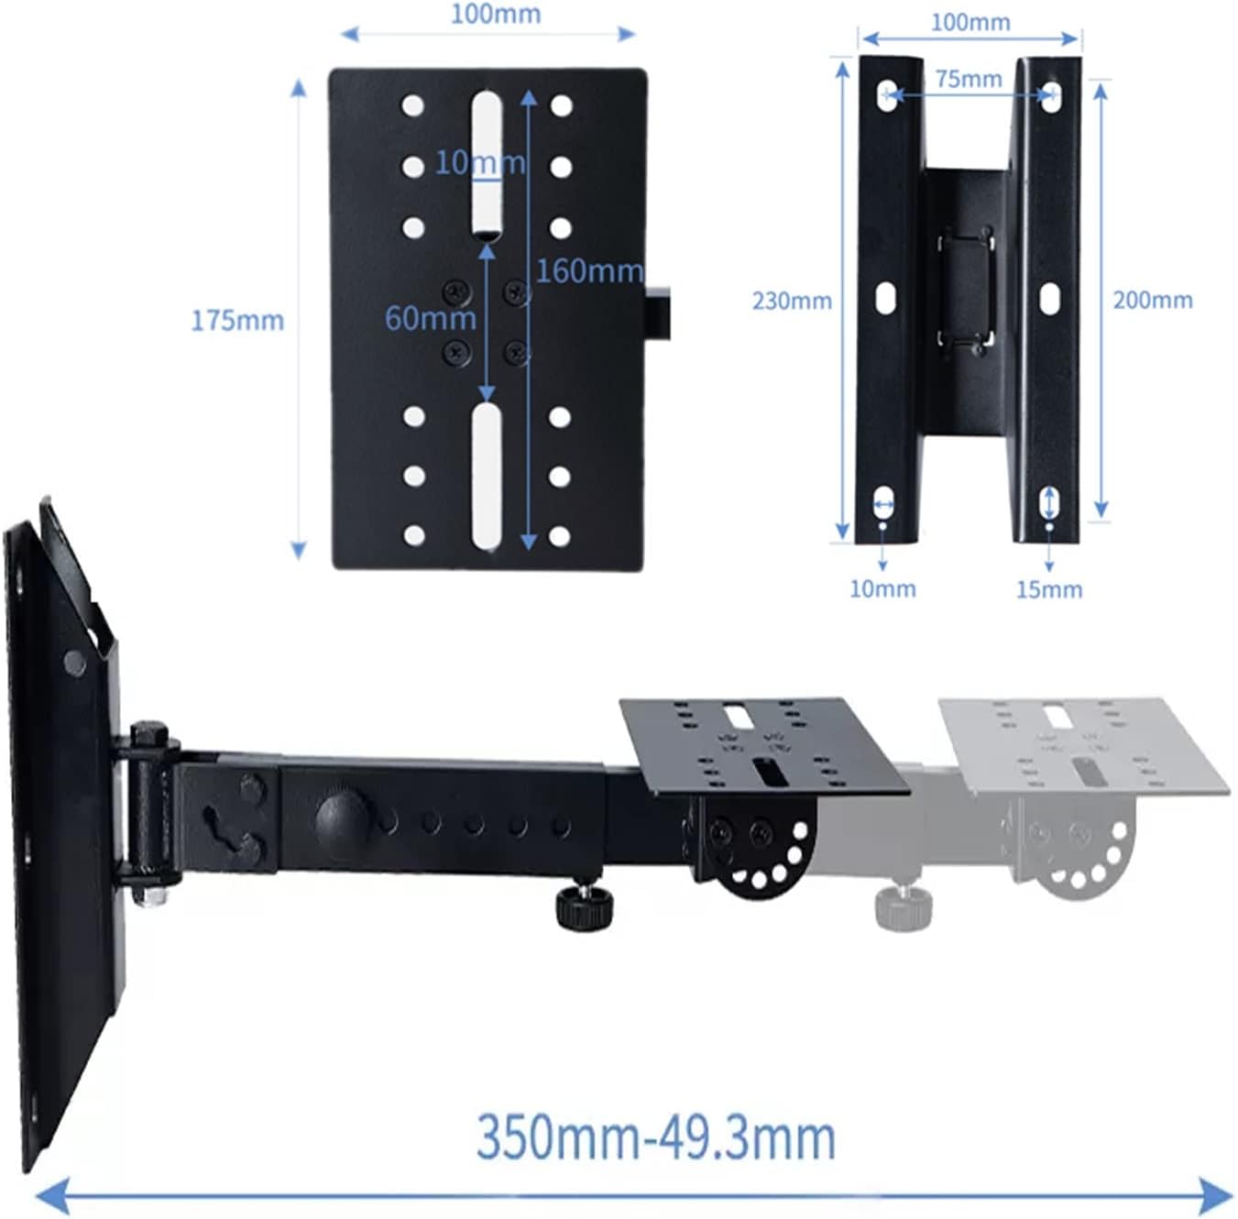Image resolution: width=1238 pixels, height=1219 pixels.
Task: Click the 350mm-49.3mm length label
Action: click(655, 1137)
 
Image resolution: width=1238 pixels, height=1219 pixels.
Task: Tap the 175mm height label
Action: click(237, 321)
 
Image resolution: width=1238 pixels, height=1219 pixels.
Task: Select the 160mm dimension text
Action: click(588, 271)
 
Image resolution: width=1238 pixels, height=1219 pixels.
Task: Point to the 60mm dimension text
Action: click(430, 318)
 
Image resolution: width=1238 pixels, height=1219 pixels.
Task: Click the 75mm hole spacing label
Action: click(969, 80)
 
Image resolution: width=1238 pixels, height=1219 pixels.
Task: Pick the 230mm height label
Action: click(792, 301)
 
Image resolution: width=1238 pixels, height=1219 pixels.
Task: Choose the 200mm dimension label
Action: click(1152, 300)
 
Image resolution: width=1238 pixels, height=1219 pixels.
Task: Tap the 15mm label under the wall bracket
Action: click(1048, 589)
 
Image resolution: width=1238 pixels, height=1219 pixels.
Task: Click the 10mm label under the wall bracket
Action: click(882, 588)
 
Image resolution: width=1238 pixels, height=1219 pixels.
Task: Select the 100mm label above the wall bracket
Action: click(970, 22)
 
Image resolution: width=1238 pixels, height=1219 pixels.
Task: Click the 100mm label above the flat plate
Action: click(496, 14)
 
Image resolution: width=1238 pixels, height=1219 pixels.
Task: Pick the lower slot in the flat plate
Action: click(487, 477)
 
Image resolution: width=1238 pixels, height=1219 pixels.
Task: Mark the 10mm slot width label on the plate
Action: click(479, 162)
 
